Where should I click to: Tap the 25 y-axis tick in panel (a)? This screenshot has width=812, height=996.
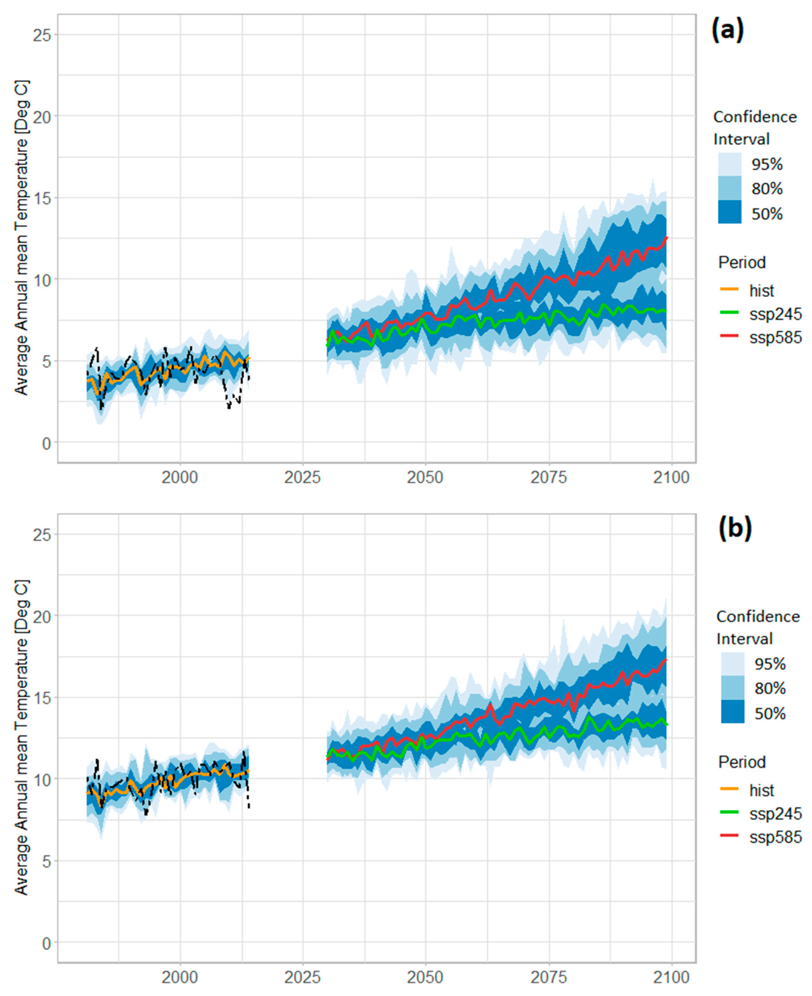(x=42, y=35)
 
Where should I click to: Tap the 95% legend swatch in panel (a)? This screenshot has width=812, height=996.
(x=730, y=164)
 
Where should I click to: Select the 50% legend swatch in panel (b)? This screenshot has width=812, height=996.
(x=733, y=714)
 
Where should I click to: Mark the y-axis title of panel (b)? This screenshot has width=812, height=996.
(x=21, y=737)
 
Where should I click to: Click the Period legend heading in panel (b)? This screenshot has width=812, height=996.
(x=742, y=762)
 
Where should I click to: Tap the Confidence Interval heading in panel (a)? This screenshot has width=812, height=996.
(x=754, y=128)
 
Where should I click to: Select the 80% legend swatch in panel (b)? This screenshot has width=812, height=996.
(x=733, y=688)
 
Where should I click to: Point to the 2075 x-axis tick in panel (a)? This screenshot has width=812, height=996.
(x=549, y=478)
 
